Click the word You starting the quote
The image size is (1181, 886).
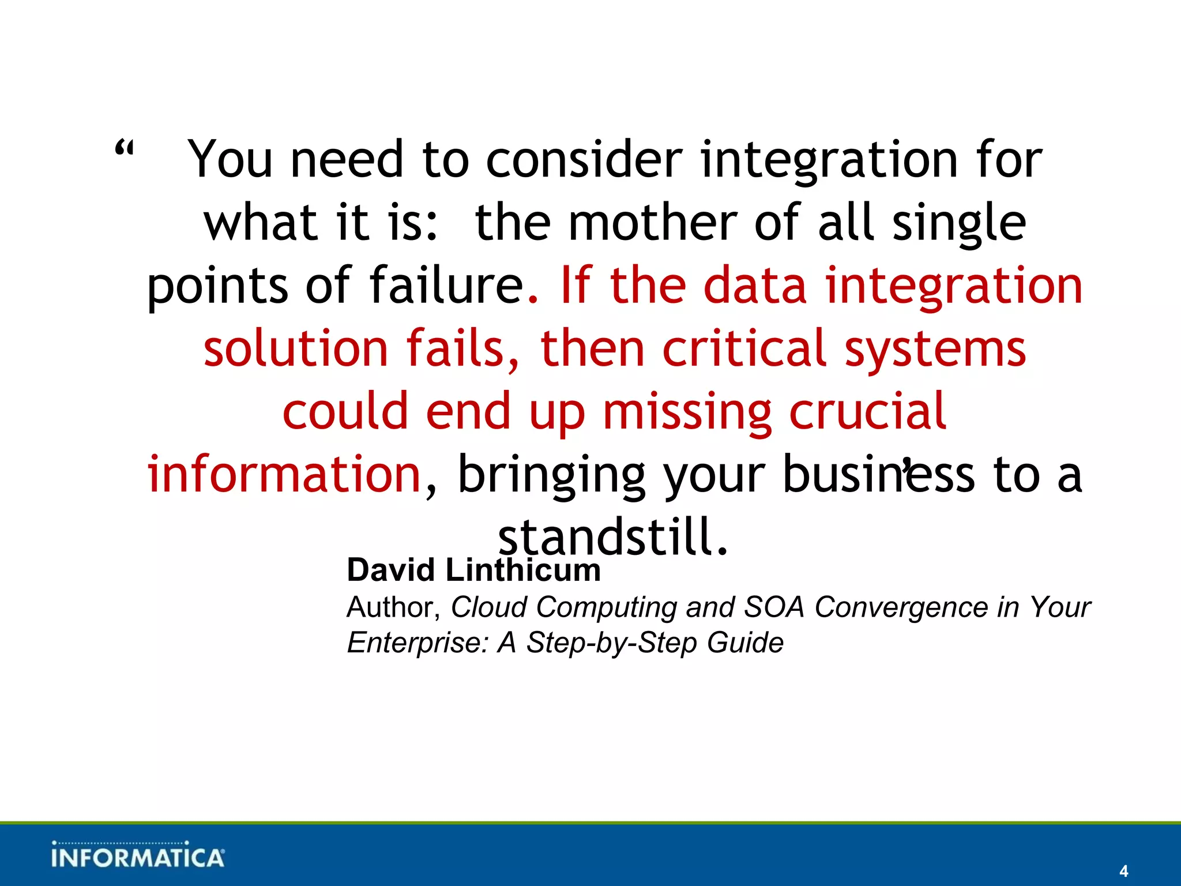[x=230, y=160]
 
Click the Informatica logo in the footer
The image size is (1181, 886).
[x=137, y=855]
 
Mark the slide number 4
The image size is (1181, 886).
[x=1123, y=871]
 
